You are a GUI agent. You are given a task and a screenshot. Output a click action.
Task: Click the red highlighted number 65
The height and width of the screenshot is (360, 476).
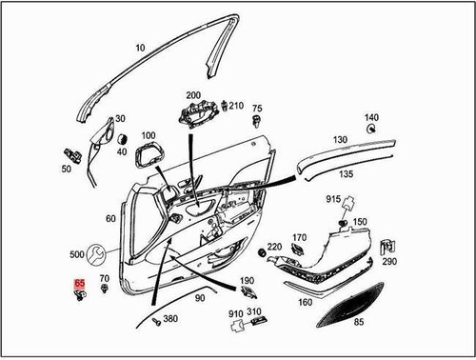79,283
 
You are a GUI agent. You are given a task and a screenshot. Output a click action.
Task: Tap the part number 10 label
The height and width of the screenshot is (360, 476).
140,47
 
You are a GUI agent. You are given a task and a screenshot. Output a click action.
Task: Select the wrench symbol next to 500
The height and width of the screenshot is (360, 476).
96,255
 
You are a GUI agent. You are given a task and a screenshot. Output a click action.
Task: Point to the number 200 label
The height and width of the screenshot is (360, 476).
193,96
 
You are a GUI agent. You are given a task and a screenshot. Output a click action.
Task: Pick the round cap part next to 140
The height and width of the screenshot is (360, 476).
373,130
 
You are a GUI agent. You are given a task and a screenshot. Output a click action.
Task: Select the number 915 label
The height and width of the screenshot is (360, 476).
334,199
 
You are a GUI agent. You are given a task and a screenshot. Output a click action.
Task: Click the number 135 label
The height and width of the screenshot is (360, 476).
347,174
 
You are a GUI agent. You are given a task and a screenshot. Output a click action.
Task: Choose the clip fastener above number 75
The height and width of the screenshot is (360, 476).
257,123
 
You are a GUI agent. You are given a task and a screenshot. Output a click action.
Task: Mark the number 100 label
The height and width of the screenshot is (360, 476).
148,137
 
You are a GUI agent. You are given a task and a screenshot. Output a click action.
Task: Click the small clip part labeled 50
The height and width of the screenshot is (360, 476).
69,153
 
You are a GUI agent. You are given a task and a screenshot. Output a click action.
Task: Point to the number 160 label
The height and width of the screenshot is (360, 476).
305,303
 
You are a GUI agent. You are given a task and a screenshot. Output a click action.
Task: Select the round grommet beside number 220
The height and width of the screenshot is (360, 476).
262,254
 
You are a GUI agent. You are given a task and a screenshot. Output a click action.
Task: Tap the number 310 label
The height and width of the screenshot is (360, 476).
254,311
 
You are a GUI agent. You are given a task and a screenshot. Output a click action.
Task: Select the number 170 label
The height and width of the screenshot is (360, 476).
299,237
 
